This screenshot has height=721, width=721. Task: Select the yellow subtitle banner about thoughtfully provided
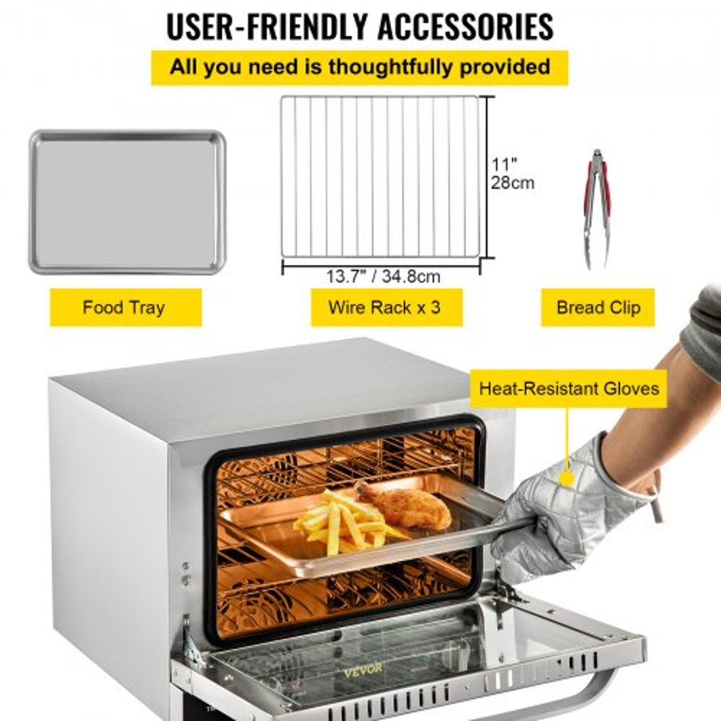(359, 68)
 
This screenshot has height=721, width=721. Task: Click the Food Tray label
(123, 308)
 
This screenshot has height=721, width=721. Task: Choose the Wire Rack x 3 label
(384, 308)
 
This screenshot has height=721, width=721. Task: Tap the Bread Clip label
(598, 308)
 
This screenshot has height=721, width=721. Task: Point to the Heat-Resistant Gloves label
(569, 389)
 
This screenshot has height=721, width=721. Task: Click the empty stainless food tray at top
(128, 203)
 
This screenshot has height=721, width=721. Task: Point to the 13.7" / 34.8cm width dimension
(383, 276)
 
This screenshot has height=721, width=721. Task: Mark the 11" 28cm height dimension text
(512, 174)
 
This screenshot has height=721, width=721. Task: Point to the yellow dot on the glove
(567, 477)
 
